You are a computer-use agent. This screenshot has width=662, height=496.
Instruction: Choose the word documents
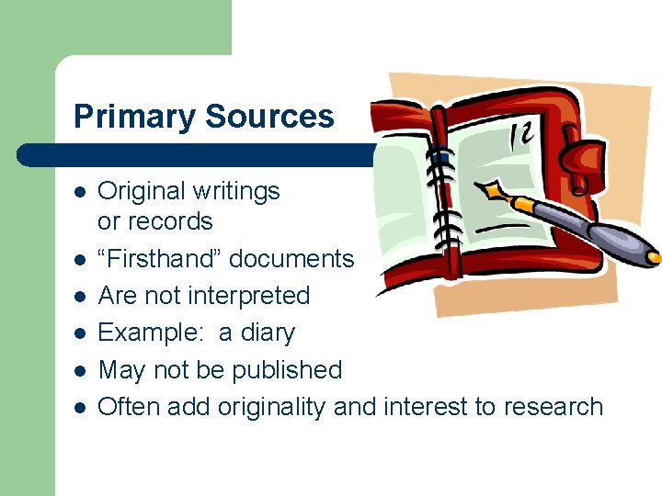point(291,259)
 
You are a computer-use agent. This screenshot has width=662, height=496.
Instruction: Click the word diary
point(267,333)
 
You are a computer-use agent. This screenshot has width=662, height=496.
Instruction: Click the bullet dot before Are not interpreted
point(80,297)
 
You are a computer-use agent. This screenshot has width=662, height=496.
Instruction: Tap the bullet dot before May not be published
point(80,371)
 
